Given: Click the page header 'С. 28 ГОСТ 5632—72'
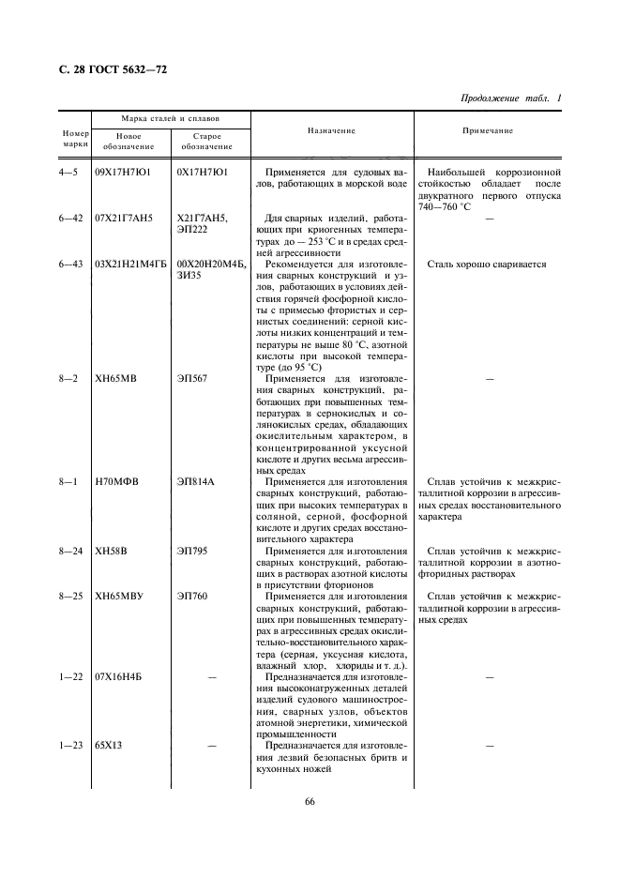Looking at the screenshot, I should (x=106, y=69).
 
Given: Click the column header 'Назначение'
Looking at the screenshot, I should (x=332, y=130).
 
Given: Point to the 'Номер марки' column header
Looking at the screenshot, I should (x=75, y=139).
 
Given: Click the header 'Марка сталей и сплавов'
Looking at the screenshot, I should (x=170, y=120).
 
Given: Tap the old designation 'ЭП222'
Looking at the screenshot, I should (x=192, y=230).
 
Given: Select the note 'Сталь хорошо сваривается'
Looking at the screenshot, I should (x=486, y=265).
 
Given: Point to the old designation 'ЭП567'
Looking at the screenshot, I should (x=191, y=378).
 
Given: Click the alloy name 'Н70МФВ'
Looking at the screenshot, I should (x=116, y=481).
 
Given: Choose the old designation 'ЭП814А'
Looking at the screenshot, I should (x=196, y=481).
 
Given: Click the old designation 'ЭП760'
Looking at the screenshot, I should (x=192, y=596).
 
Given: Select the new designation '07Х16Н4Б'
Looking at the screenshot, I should (x=124, y=676).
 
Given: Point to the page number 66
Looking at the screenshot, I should (x=310, y=801).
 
